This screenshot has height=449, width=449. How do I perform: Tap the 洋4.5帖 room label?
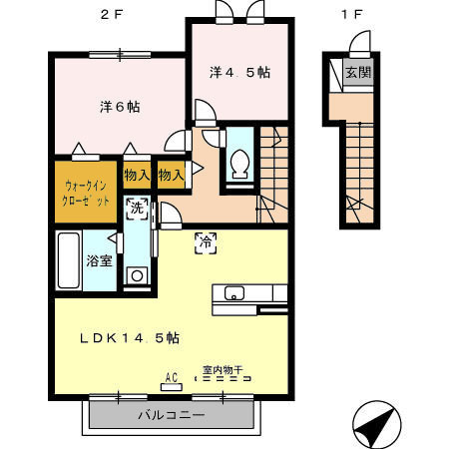[x=239, y=73]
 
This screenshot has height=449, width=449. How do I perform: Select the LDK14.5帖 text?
[x=130, y=337]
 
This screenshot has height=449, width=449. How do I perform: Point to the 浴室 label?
[x=98, y=261]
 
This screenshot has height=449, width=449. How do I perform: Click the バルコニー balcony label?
[x=172, y=414]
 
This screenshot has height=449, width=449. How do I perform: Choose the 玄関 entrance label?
[x=356, y=72]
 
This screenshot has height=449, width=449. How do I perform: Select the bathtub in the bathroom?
[x=68, y=260]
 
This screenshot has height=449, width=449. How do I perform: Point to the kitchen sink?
[x=234, y=293]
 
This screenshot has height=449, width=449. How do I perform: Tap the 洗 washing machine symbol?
[x=137, y=210]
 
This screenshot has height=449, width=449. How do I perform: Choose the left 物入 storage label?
[x=137, y=176]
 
